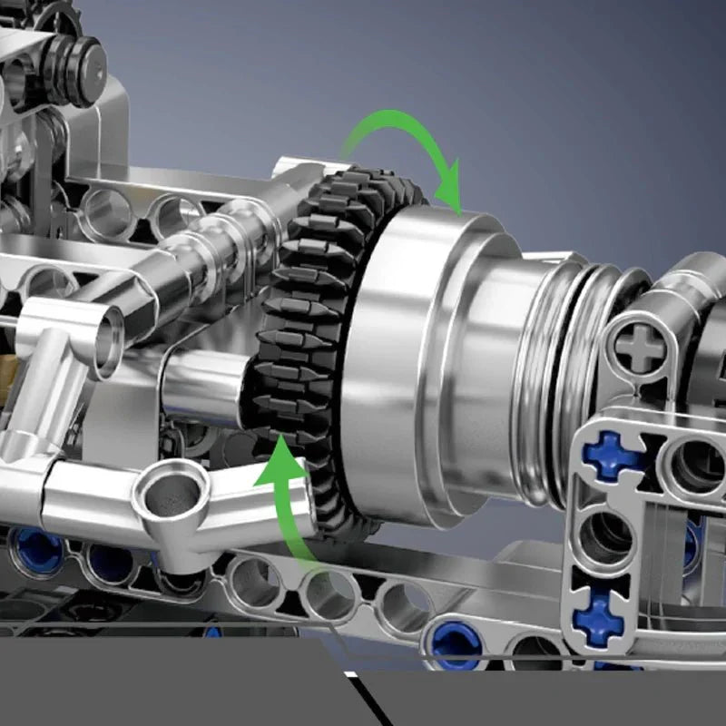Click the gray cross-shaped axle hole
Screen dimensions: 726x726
[x=642, y=348]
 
